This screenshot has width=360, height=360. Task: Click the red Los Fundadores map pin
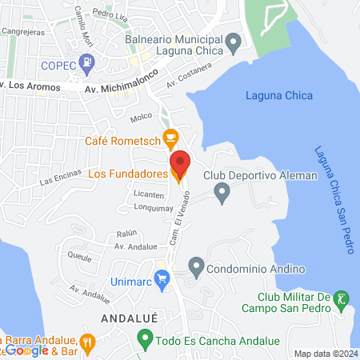[180, 163]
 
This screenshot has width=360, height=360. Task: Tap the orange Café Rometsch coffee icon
[170, 138]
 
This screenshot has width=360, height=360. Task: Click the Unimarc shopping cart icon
[162, 278]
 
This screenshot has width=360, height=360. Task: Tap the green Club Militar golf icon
[342, 300]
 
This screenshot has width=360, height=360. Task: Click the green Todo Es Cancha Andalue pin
[145, 340]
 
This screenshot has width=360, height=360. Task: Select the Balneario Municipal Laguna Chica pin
[233, 41]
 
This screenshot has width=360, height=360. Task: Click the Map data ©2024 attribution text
[326, 354]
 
